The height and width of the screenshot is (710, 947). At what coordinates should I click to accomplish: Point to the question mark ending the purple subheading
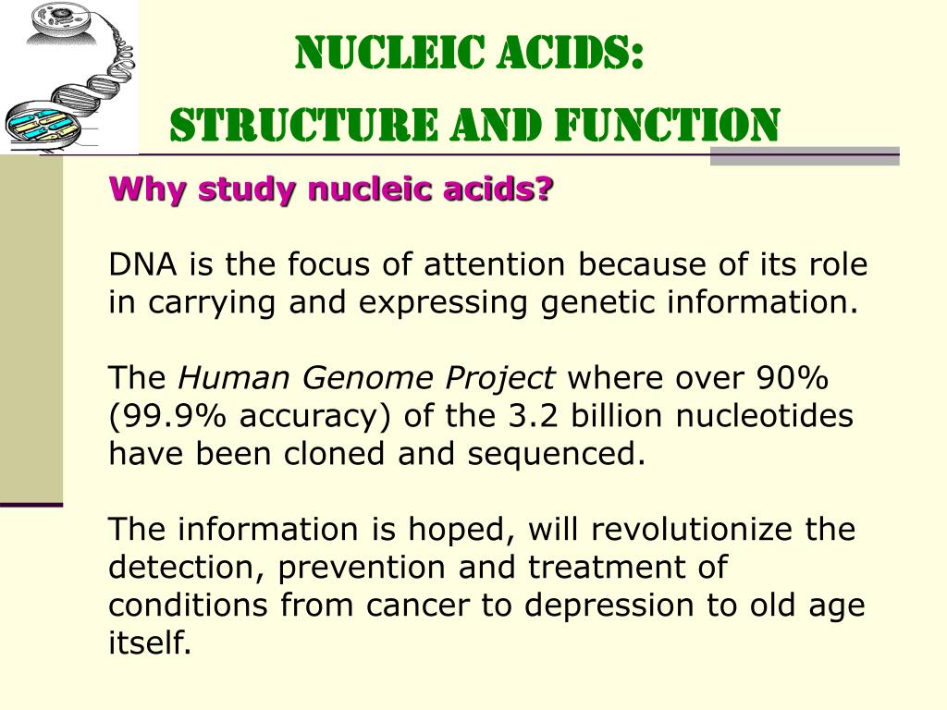(x=546, y=190)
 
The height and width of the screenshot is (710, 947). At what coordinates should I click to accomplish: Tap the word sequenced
(x=570, y=454)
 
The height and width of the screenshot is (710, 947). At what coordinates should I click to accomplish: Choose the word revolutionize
(x=695, y=530)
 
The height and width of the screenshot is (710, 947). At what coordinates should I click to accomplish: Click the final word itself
(x=150, y=643)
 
